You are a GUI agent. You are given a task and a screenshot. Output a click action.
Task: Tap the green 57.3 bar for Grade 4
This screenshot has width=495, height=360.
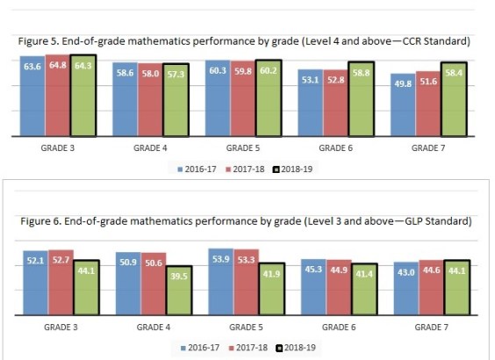pyautogui.click(x=176, y=101)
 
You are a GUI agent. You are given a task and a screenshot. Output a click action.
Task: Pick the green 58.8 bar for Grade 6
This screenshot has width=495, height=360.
pyautogui.click(x=360, y=100)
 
